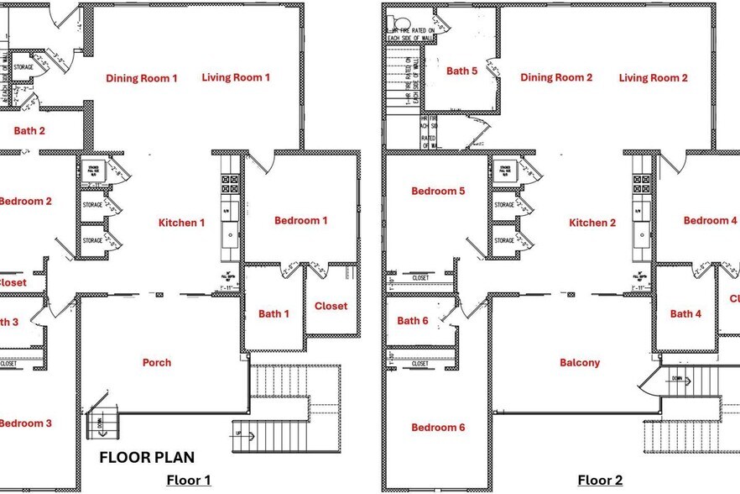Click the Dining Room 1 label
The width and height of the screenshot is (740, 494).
142,78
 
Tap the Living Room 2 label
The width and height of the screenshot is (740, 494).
654,78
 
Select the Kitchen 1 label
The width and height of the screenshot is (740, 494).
182,223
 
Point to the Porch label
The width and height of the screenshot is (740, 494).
157,363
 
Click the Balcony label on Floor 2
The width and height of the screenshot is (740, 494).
580,363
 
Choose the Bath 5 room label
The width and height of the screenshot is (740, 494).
461,71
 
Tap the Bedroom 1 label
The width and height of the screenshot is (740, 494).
300,221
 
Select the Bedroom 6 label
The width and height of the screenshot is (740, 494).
438,428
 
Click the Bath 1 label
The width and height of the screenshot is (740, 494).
274,314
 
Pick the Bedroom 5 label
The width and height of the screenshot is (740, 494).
438,191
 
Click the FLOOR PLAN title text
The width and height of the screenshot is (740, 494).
147,458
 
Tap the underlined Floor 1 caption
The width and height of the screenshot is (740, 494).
188,481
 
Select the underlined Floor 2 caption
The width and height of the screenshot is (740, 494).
600,481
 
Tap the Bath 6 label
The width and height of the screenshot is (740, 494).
413,321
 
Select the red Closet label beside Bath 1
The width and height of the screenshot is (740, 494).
331,306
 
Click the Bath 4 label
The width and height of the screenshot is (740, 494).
685,314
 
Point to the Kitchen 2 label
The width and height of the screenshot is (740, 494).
592,223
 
